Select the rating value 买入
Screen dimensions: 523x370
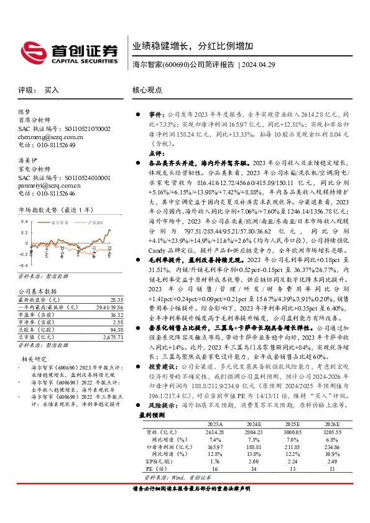click(x=52, y=90)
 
